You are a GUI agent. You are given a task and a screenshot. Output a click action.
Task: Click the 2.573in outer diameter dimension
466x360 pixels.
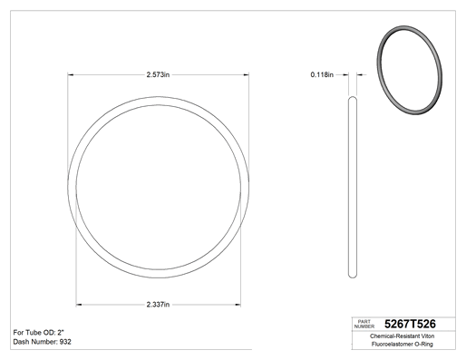[158, 74]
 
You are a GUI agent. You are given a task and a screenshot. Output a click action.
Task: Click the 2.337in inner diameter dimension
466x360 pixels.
[158, 305]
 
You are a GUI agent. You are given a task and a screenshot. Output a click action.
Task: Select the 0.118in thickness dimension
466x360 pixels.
[322, 74]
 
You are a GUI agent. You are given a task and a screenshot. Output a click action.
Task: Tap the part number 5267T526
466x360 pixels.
[410, 324]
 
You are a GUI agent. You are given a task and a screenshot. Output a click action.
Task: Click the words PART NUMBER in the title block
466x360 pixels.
[364, 324]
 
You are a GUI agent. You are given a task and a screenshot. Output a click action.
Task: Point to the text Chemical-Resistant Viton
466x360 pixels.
[403, 336]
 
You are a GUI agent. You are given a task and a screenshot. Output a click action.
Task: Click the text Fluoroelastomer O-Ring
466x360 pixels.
[403, 344]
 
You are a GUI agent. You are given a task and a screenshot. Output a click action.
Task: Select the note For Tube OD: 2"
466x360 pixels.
[39, 333]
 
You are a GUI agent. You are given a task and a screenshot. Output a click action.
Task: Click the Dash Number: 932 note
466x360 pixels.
[43, 342]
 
